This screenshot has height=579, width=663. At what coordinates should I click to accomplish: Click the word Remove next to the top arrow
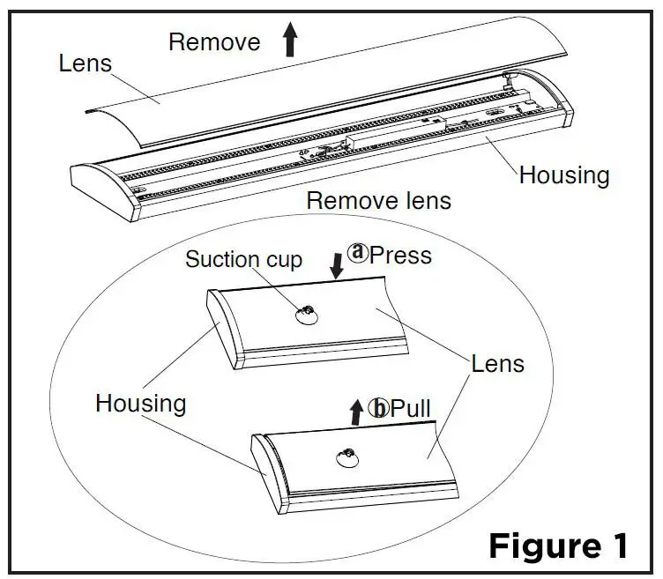point(214,41)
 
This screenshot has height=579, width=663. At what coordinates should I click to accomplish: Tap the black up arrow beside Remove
point(290,41)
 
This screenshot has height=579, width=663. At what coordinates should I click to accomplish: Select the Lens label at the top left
point(85,63)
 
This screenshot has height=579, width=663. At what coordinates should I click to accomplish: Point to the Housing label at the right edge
point(564,174)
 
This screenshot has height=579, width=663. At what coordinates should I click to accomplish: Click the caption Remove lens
point(378,200)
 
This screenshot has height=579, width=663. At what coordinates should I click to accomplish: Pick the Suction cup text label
point(243,259)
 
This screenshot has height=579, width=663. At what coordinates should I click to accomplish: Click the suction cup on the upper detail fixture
point(306,315)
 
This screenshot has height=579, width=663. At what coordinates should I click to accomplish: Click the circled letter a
point(357,254)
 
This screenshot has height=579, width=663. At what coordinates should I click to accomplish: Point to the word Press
point(401,255)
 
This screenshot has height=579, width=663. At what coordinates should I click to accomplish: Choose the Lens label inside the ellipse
point(497,363)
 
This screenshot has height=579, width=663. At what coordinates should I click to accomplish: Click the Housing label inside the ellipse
point(141,404)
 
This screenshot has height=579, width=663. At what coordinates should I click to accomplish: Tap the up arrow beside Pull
point(356,411)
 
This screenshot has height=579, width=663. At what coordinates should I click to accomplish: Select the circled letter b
point(379,408)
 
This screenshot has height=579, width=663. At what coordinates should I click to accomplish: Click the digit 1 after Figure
point(618,545)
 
